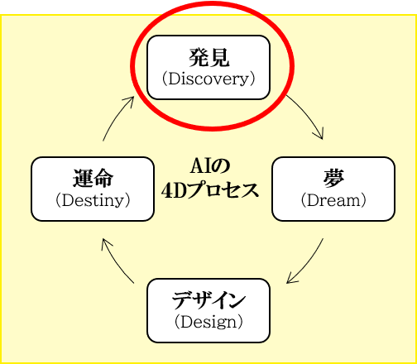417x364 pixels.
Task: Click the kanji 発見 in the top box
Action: [209, 57]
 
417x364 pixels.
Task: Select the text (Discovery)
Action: [208, 79]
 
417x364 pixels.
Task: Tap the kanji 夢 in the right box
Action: [333, 179]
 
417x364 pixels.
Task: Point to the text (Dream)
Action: [333, 201]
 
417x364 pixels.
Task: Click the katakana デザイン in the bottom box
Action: [208, 300]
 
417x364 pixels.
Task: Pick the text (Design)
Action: [208, 323]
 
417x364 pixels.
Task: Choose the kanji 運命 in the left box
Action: [93, 179]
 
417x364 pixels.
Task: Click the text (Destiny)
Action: [93, 201]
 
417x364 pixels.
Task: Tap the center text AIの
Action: [210, 166]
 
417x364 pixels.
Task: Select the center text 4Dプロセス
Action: [210, 190]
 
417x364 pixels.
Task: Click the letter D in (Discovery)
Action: [174, 79]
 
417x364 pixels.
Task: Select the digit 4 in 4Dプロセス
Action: [167, 191]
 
